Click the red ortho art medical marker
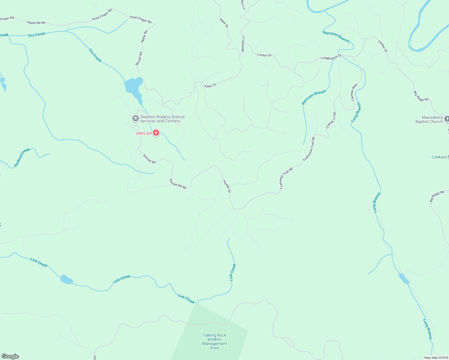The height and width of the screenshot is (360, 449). [156, 133]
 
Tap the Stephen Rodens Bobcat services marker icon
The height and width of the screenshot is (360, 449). [135, 119]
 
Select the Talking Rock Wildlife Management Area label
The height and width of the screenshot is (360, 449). [214, 341]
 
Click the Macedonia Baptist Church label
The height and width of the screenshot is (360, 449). [429, 119]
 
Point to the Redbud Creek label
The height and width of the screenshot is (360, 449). [22, 157]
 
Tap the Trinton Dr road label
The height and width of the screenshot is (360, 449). [264, 55]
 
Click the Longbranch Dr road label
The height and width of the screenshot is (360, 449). [331, 57]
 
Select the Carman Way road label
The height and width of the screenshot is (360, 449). [354, 92]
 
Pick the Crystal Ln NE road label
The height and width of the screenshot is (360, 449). [331, 120]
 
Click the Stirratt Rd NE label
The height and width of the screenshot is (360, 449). [178, 184]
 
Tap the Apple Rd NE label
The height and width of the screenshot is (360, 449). [36, 23]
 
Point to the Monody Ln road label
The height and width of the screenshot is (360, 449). [243, 44]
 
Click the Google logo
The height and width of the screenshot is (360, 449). [10, 356]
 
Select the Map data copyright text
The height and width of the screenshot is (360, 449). [436, 358]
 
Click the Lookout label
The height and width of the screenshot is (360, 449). [439, 157]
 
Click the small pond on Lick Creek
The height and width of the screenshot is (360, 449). [66, 280]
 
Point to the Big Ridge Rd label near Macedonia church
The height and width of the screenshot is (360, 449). [421, 96]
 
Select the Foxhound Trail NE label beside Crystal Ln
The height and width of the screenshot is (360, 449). [309, 149]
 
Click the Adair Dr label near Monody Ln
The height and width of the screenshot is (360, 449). [224, 23]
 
